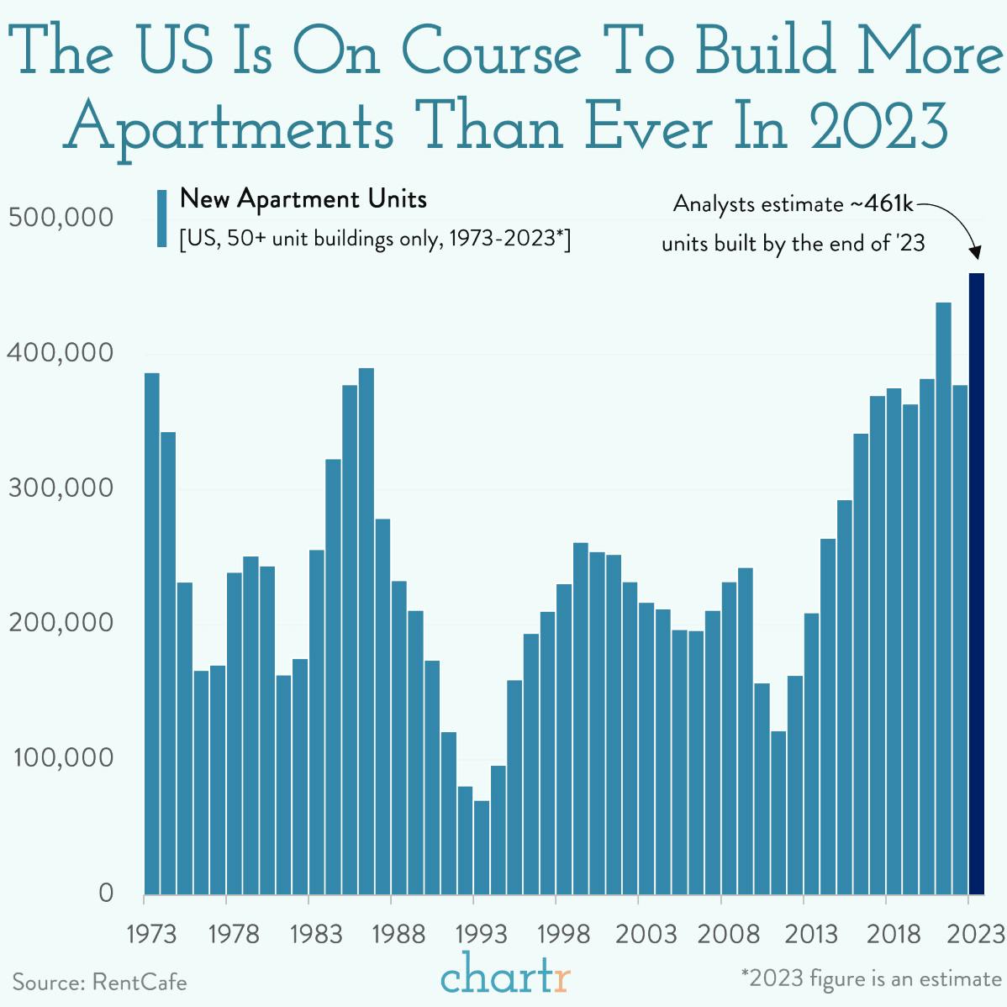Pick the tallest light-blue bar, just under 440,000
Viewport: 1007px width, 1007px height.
[x=943, y=598]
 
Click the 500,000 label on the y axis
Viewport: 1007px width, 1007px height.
[x=61, y=218]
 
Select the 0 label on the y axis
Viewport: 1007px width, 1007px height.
[x=105, y=893]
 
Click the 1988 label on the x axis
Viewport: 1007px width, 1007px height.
[x=398, y=934]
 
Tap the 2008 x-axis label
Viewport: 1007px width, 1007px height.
[x=729, y=934]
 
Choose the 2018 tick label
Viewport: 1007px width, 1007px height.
[x=894, y=934]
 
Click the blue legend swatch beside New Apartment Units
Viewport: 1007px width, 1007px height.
[x=161, y=219]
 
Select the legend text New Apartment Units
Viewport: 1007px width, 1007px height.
[x=303, y=199]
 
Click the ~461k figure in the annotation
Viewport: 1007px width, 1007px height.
[x=882, y=203]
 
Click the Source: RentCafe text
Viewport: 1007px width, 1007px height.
[x=99, y=982]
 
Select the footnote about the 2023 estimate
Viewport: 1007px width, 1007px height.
[x=871, y=979]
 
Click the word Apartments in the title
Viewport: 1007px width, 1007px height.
[x=229, y=129]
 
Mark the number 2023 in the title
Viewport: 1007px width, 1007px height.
[x=879, y=127]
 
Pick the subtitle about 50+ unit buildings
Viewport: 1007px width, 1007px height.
[x=375, y=239]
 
